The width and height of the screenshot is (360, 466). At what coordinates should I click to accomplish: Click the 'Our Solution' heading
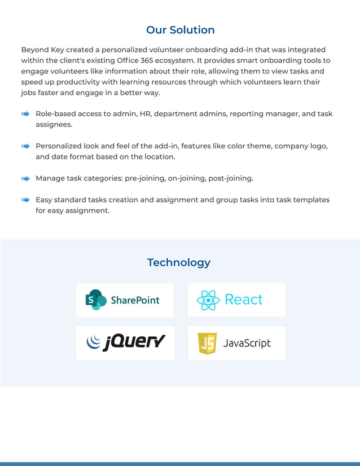click(180, 30)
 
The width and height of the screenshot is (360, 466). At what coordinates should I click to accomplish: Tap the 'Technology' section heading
click(179, 262)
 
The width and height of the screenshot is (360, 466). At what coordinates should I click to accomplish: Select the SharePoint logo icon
click(96, 300)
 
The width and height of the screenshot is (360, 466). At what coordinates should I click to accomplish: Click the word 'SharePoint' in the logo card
click(135, 300)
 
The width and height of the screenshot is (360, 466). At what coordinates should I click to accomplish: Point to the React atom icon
click(208, 300)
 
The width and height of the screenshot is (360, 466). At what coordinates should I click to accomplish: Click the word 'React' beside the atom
click(244, 300)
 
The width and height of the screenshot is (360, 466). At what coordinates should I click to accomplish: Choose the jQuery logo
click(126, 342)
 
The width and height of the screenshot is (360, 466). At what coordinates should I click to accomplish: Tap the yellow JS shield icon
click(207, 343)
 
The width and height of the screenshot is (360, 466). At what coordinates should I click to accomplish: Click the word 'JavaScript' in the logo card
click(247, 343)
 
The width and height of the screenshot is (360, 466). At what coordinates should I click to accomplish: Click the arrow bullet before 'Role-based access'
click(25, 114)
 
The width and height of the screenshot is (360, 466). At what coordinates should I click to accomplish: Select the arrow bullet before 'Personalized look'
click(25, 146)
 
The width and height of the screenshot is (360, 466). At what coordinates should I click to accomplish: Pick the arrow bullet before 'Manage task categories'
click(25, 179)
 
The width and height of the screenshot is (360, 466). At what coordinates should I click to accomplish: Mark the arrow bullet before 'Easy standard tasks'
click(25, 200)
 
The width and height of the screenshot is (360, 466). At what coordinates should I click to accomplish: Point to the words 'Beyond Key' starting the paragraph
click(42, 50)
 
